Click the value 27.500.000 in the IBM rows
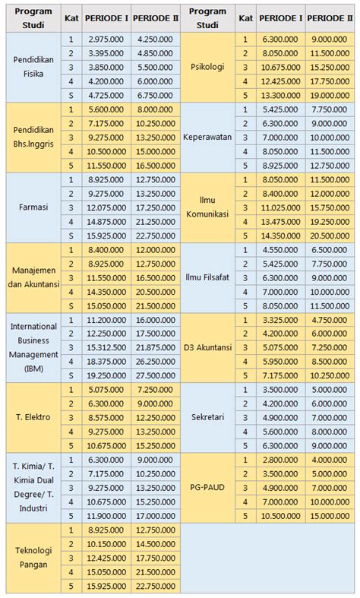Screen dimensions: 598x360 tap(156, 375)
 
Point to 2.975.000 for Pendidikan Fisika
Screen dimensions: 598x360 tap(106, 39)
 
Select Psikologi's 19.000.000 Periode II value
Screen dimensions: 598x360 tap(330, 95)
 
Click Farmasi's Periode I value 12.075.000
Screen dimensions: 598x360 tap(106, 207)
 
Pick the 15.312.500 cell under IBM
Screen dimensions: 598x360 tap(106, 347)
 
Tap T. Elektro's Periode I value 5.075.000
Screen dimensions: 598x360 tap(106, 389)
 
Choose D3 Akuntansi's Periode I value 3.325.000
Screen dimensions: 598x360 tap(280, 319)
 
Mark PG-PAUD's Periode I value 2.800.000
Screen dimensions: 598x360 tap(280, 460)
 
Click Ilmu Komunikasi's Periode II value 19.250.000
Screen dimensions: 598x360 tap(330, 221)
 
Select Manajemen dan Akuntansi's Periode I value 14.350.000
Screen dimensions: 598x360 tap(106, 291)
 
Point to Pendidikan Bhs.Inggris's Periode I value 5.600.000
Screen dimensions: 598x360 tap(106, 109)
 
